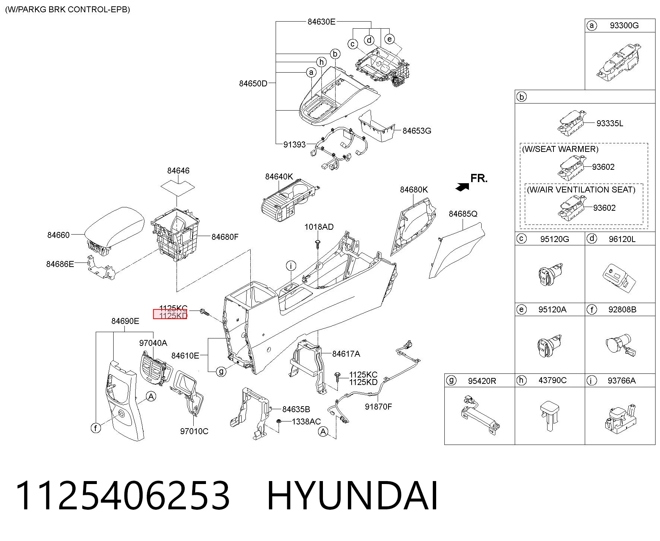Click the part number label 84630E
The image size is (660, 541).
(321, 22)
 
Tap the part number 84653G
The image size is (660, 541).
(417, 131)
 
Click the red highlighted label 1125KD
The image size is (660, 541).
(170, 315)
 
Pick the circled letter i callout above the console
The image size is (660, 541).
(291, 265)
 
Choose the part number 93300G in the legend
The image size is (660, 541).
(624, 25)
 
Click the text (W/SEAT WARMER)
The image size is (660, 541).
(560, 149)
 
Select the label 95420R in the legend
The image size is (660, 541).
(482, 381)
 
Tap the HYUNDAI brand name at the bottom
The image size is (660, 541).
(352, 496)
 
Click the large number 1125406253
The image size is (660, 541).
(123, 496)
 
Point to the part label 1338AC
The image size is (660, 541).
(306, 421)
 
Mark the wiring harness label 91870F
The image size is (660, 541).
(378, 407)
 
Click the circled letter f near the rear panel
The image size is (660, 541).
(96, 428)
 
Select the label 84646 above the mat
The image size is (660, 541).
(178, 171)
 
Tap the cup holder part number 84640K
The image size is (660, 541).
(279, 176)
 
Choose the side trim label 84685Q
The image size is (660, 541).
(463, 214)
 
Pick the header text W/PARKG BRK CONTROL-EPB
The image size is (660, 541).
(67, 9)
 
